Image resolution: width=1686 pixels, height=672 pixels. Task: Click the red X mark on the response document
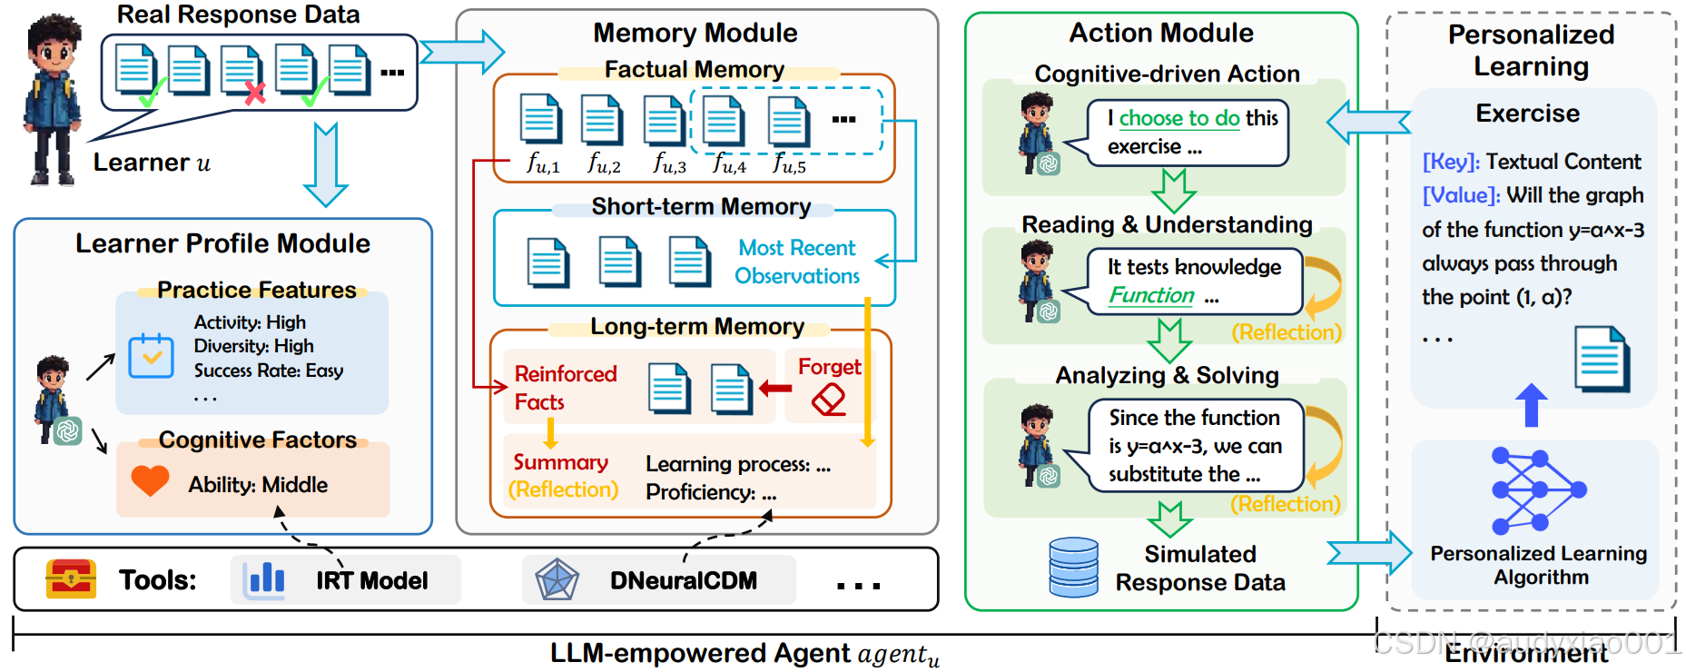coord(255,92)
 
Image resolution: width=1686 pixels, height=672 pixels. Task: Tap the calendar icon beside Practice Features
coord(151,356)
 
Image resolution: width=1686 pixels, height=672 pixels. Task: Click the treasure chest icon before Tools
coord(71,579)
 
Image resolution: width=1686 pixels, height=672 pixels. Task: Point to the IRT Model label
coord(371,580)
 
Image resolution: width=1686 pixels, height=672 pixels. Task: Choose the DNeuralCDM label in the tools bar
coord(684,580)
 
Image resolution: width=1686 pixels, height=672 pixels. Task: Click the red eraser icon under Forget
coord(828,400)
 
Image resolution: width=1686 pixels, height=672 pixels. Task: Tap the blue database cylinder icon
coord(1073,567)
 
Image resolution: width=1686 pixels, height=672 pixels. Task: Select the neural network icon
coord(1539,490)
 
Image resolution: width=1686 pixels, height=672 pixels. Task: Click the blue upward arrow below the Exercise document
coord(1532,405)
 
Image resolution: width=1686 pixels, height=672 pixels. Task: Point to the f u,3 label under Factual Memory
coord(669,163)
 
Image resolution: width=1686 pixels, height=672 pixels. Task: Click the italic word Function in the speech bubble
coord(1151,295)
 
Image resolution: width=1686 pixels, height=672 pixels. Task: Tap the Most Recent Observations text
coord(797,262)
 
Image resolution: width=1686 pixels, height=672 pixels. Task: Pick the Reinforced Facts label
coord(566,388)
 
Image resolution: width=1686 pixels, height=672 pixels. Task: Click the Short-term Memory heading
coord(701,207)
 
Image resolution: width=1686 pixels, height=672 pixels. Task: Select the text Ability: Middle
coord(258,485)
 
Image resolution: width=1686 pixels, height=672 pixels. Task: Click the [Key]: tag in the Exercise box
coord(1451,162)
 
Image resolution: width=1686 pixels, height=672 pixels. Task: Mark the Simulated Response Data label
coord(1200,568)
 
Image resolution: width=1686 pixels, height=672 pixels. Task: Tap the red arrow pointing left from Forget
coord(775,389)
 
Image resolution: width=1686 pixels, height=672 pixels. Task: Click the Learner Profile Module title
coord(222,243)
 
